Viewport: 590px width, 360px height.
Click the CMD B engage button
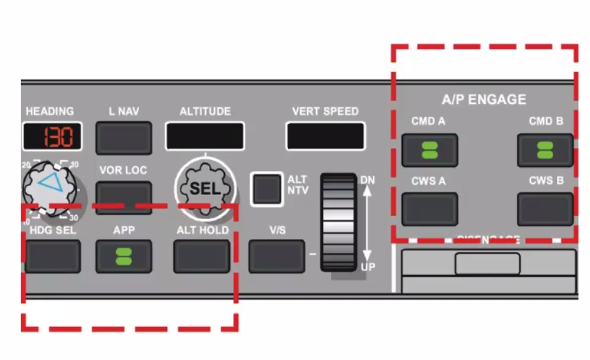[x=545, y=150]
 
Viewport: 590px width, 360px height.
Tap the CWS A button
[x=429, y=209]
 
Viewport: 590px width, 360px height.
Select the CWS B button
[x=545, y=209]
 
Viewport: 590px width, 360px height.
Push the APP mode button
[x=124, y=256]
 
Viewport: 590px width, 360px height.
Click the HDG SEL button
[x=53, y=256]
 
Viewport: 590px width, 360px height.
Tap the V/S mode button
[x=276, y=256]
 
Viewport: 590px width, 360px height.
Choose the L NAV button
[x=124, y=137]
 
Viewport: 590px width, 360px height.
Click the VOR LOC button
[x=124, y=197]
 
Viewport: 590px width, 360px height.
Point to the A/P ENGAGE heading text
[x=484, y=100]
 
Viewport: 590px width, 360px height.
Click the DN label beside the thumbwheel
[x=368, y=180]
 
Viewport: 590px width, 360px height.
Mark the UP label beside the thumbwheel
[x=368, y=267]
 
